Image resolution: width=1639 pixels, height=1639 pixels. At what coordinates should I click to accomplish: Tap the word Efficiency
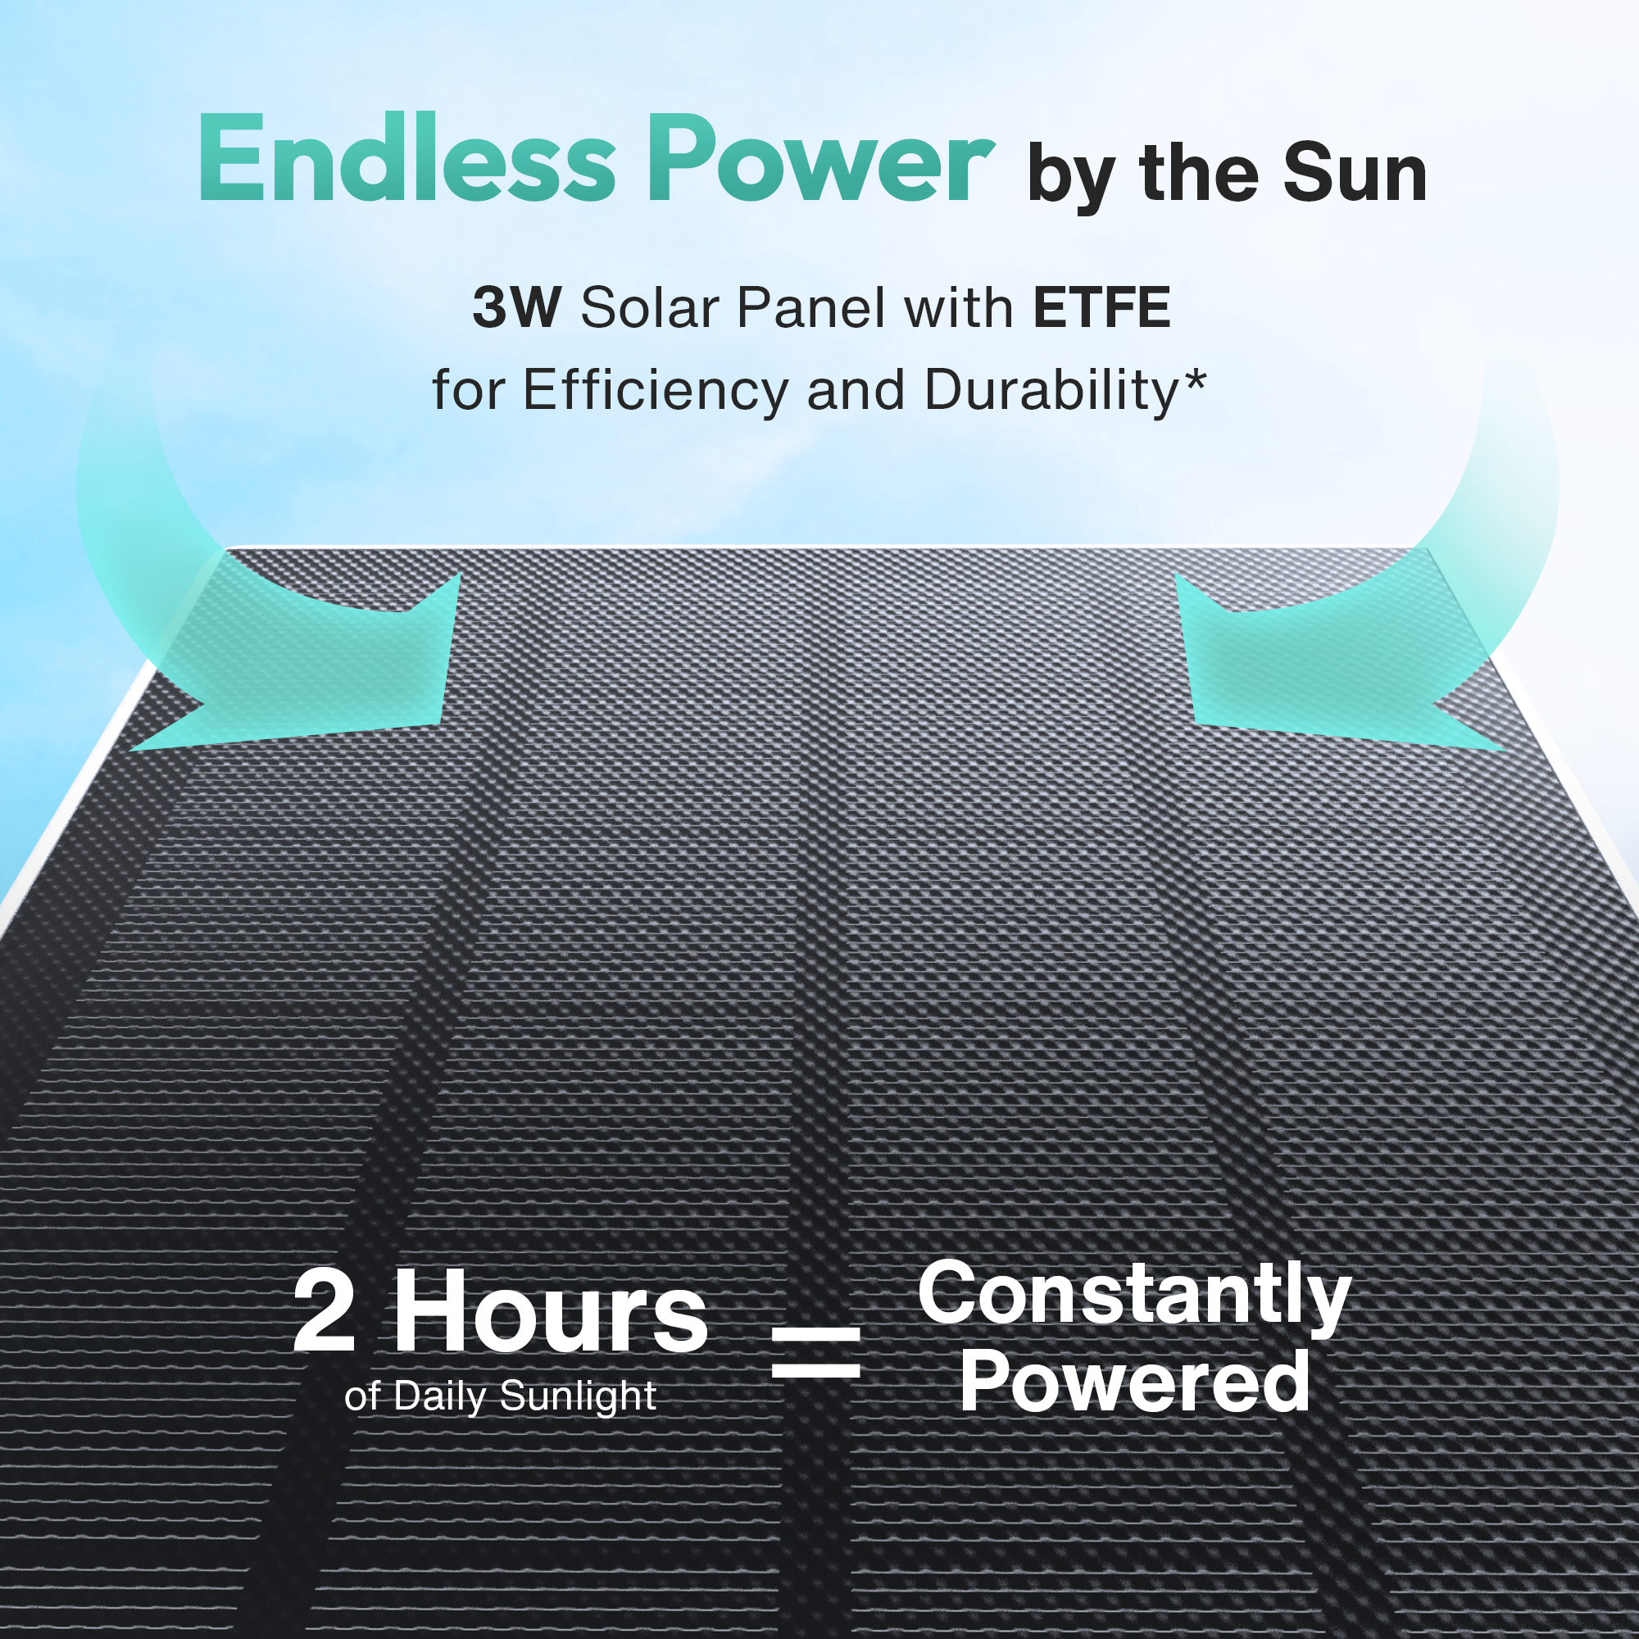pyautogui.click(x=656, y=391)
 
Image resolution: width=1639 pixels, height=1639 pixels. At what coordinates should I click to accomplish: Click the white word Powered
pyautogui.click(x=1134, y=1382)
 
